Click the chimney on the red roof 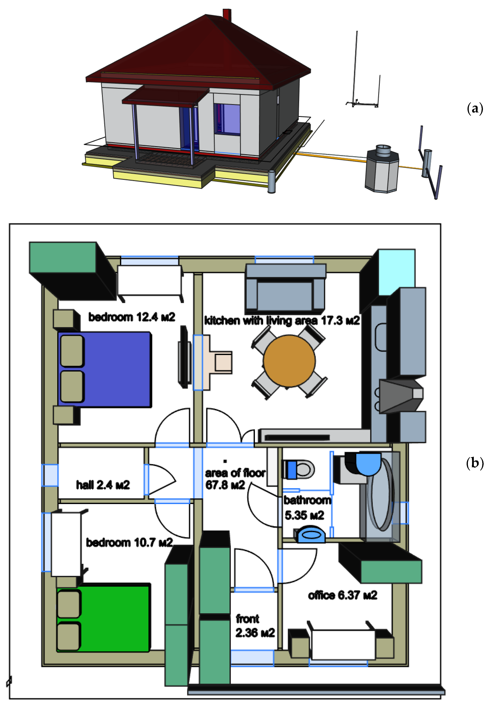pos(226,15)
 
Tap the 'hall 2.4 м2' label pos(103,485)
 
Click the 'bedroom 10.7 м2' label pos(129,542)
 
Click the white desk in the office pos(343,644)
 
